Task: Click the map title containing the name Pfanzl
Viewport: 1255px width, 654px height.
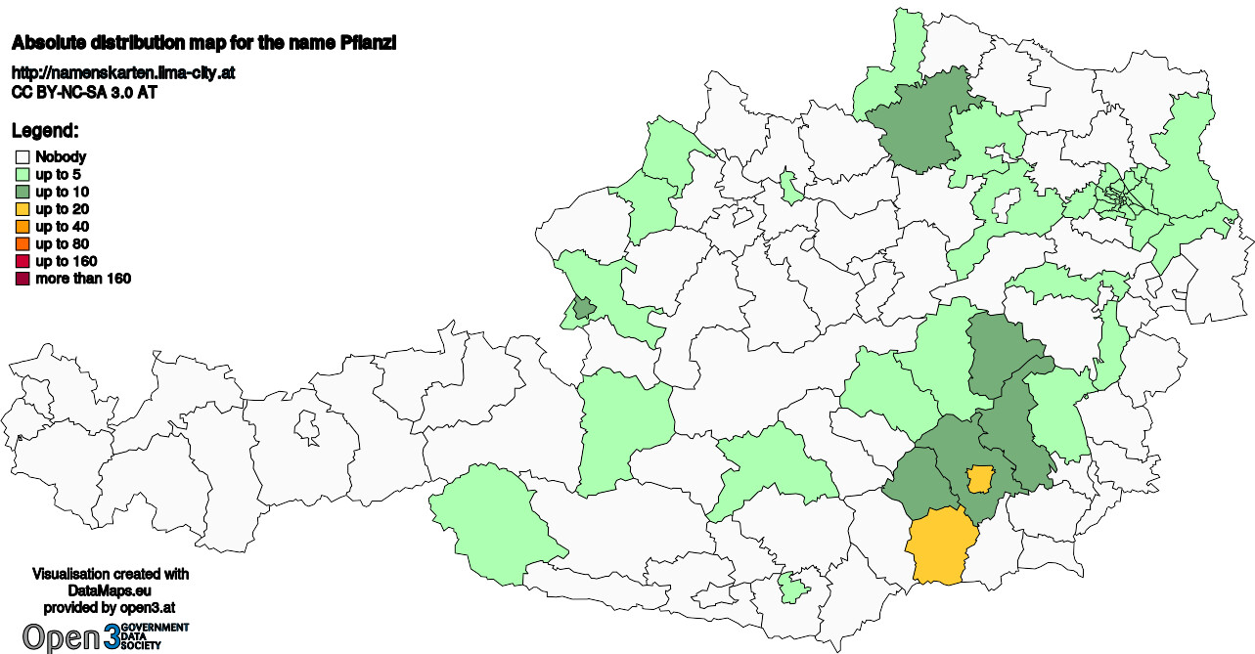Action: tap(203, 44)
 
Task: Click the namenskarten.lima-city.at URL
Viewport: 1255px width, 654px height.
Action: tap(122, 73)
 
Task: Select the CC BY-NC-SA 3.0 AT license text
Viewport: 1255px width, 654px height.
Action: tap(84, 93)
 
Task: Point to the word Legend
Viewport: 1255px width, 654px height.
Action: tap(45, 131)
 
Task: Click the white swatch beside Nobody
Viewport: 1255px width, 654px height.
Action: tap(22, 156)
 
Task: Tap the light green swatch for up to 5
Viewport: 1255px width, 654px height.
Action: tap(22, 174)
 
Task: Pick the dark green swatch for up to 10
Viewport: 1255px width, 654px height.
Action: tap(22, 192)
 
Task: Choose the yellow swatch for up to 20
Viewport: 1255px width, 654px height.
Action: tap(22, 209)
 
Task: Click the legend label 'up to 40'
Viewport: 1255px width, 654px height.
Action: tap(63, 227)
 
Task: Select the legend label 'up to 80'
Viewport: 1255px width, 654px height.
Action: tap(63, 244)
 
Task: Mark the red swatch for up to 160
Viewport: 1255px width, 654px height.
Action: tap(22, 262)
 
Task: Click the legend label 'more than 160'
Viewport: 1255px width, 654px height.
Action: tap(83, 280)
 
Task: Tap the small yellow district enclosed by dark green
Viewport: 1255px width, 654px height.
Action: tap(978, 479)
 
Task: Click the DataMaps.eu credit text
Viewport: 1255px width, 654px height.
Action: tap(111, 591)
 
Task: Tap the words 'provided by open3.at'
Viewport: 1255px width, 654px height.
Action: tap(111, 608)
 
